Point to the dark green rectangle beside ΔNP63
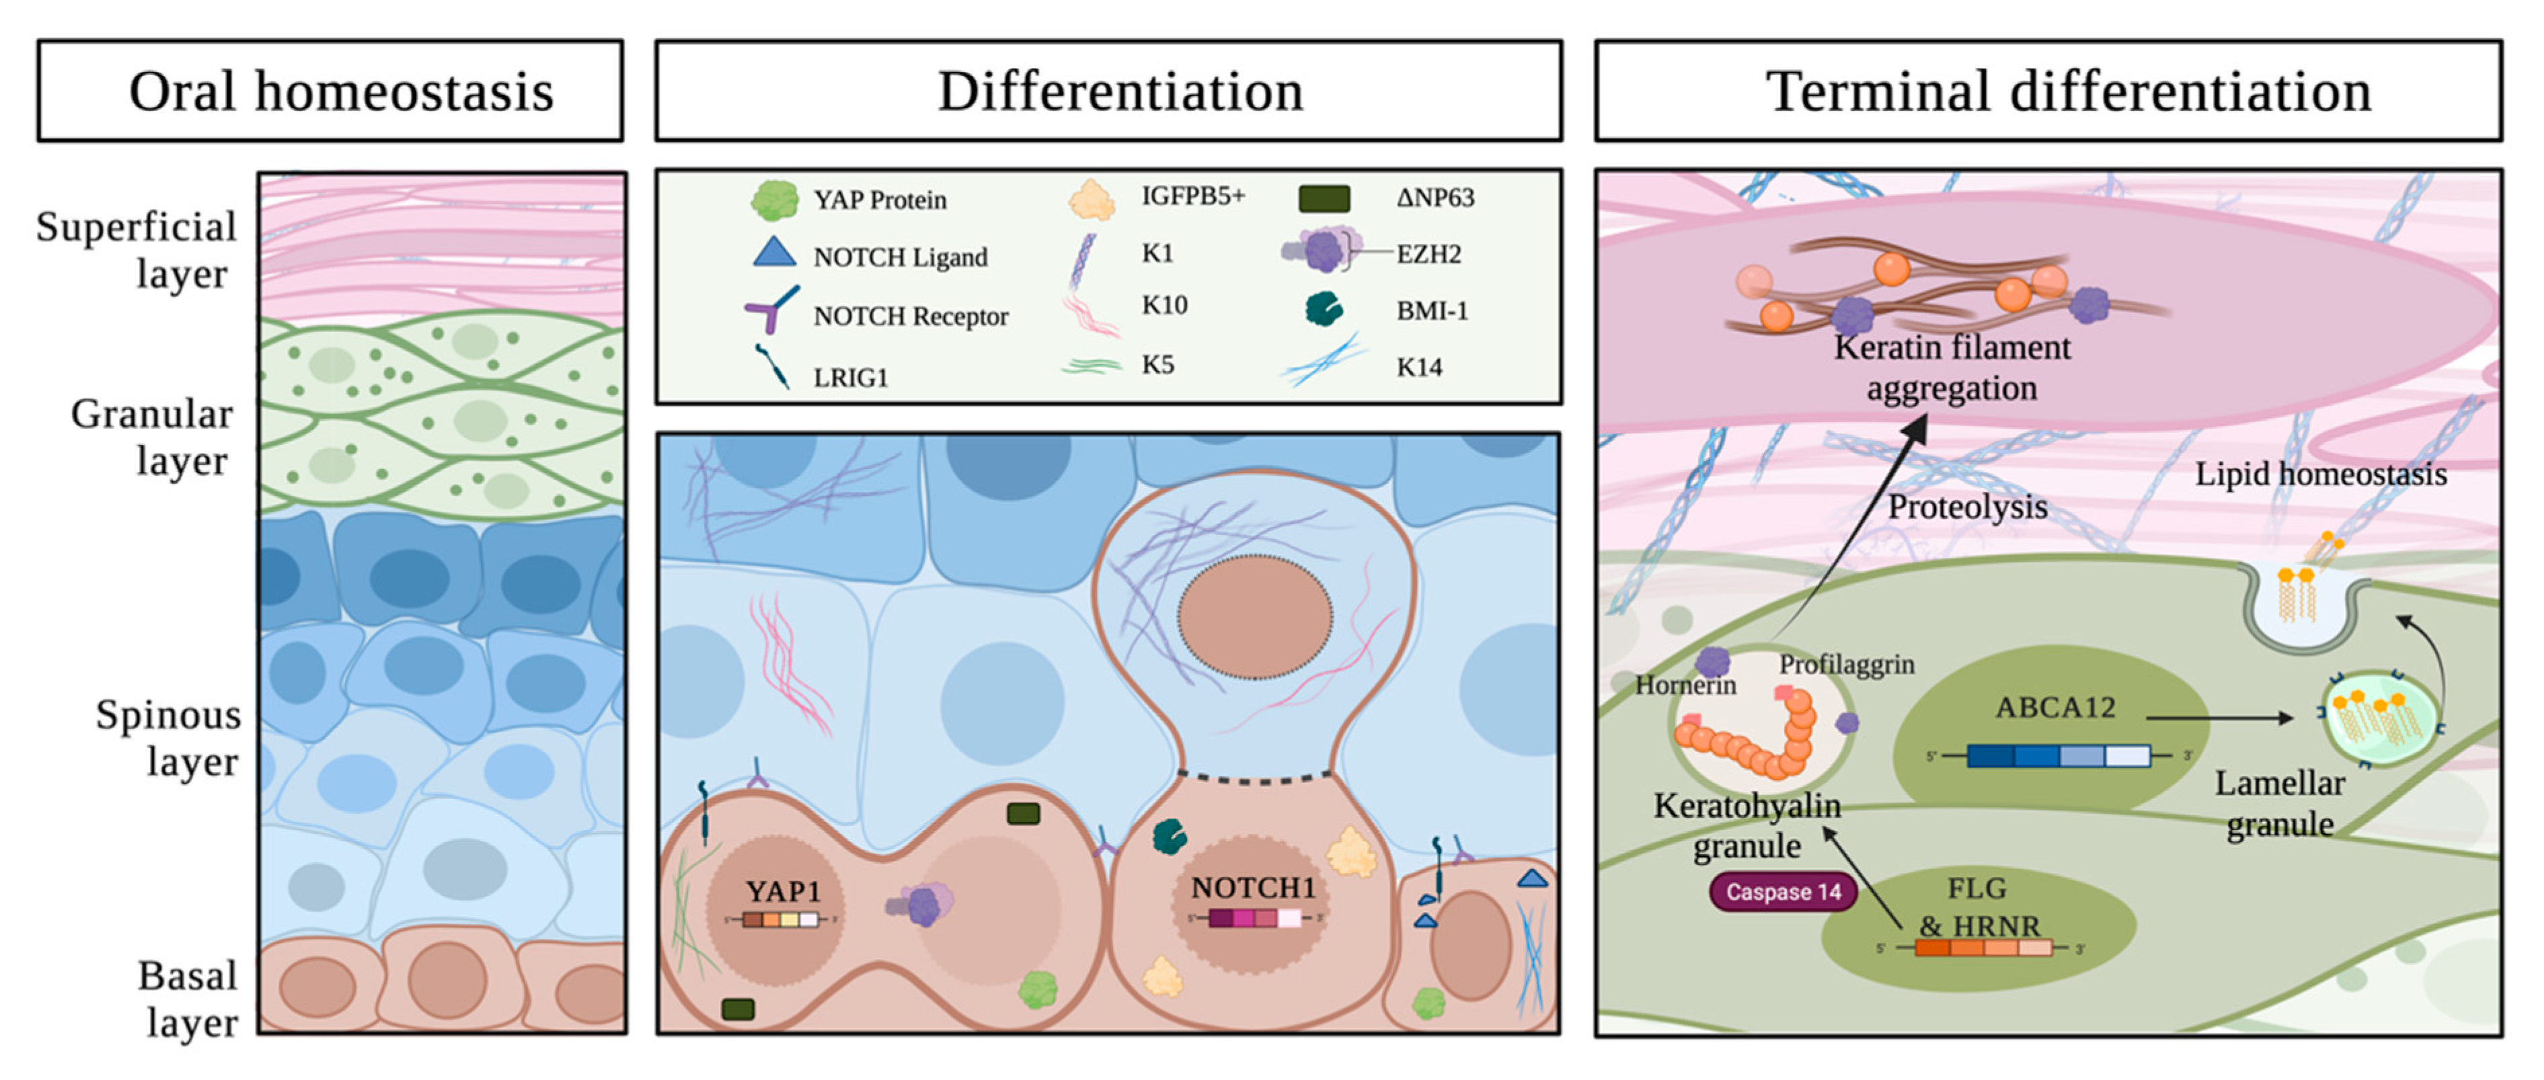pos(1323,198)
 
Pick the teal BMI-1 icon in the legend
pos(1323,309)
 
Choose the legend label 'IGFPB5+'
pos(1193,196)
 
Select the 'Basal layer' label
pos(188,999)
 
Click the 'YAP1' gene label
pos(783,891)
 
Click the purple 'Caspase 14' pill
pos(1783,891)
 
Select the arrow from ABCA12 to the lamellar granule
pos(2220,718)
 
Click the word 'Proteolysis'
pos(1967,507)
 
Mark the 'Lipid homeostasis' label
pos(2321,474)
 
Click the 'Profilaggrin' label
pos(1847,665)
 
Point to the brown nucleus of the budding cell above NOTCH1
pos(1254,617)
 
